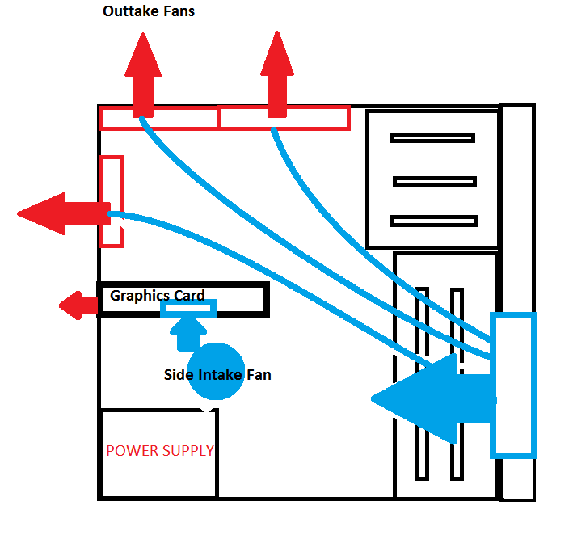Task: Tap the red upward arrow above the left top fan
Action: (x=143, y=77)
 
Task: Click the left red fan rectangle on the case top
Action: (x=159, y=118)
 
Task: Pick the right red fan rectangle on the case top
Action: (x=284, y=118)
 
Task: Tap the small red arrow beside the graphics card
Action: (x=78, y=305)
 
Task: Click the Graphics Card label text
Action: (x=158, y=295)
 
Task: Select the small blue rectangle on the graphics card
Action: (x=188, y=309)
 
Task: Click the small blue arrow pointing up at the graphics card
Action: (x=188, y=330)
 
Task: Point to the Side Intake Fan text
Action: (x=217, y=375)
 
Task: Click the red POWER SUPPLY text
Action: (x=160, y=450)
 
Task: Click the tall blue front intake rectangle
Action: (x=515, y=384)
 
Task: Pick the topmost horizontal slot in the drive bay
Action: (x=432, y=138)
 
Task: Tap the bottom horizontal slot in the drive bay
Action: (x=434, y=221)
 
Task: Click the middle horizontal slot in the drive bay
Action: (x=435, y=181)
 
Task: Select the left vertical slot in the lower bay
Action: (x=420, y=381)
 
